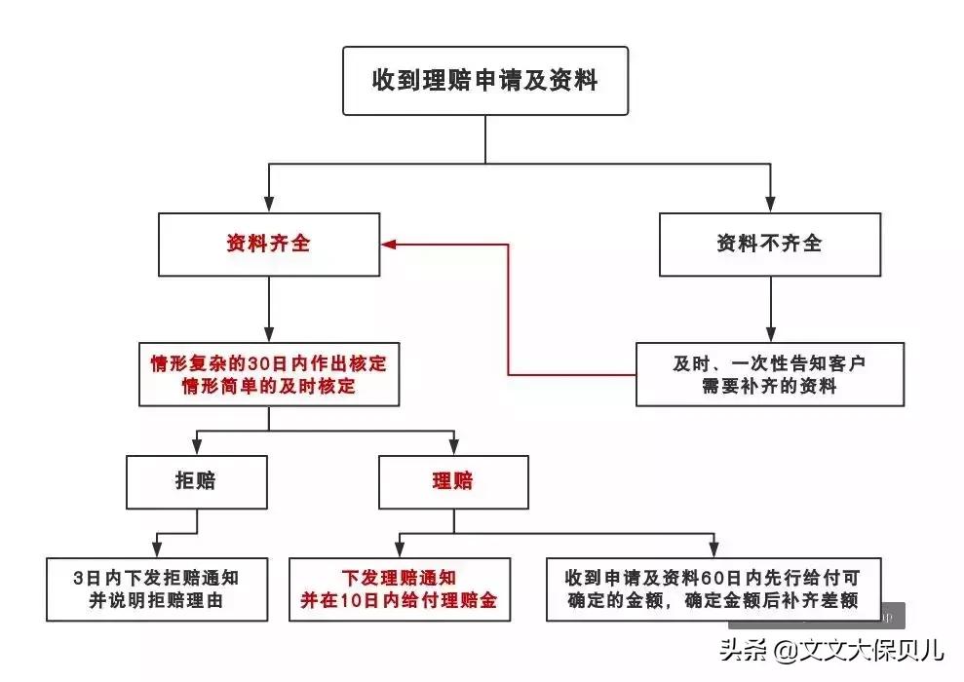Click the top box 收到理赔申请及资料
click(484, 80)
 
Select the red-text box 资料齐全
click(268, 244)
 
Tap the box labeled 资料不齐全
click(770, 244)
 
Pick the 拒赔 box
click(197, 480)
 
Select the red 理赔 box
click(453, 480)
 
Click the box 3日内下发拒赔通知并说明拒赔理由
click(156, 588)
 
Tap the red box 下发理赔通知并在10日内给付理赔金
click(400, 588)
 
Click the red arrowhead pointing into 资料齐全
click(388, 244)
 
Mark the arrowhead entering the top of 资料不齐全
click(770, 204)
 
